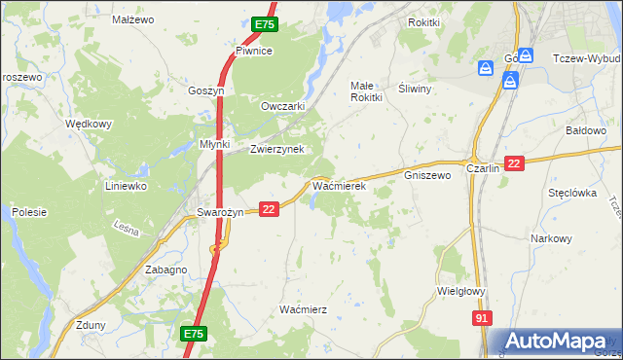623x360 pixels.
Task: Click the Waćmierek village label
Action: [x=338, y=184]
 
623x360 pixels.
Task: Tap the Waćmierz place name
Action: [x=303, y=308]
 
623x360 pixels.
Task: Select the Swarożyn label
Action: [x=219, y=211]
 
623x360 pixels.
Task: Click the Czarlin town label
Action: [x=483, y=167]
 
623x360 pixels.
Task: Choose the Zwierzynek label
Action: [x=277, y=149]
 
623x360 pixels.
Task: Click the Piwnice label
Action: [x=253, y=51]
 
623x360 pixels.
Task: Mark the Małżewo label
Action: [x=133, y=18]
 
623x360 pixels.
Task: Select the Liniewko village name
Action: [x=126, y=185]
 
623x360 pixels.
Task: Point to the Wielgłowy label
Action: [x=461, y=290]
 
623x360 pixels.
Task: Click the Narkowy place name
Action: [x=551, y=238]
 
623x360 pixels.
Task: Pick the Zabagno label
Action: [x=165, y=270]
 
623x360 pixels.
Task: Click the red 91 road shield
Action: [x=483, y=318]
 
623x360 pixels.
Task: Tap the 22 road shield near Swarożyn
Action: [x=270, y=208]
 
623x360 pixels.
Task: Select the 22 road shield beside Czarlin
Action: [x=515, y=164]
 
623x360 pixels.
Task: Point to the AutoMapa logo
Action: [x=557, y=342]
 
